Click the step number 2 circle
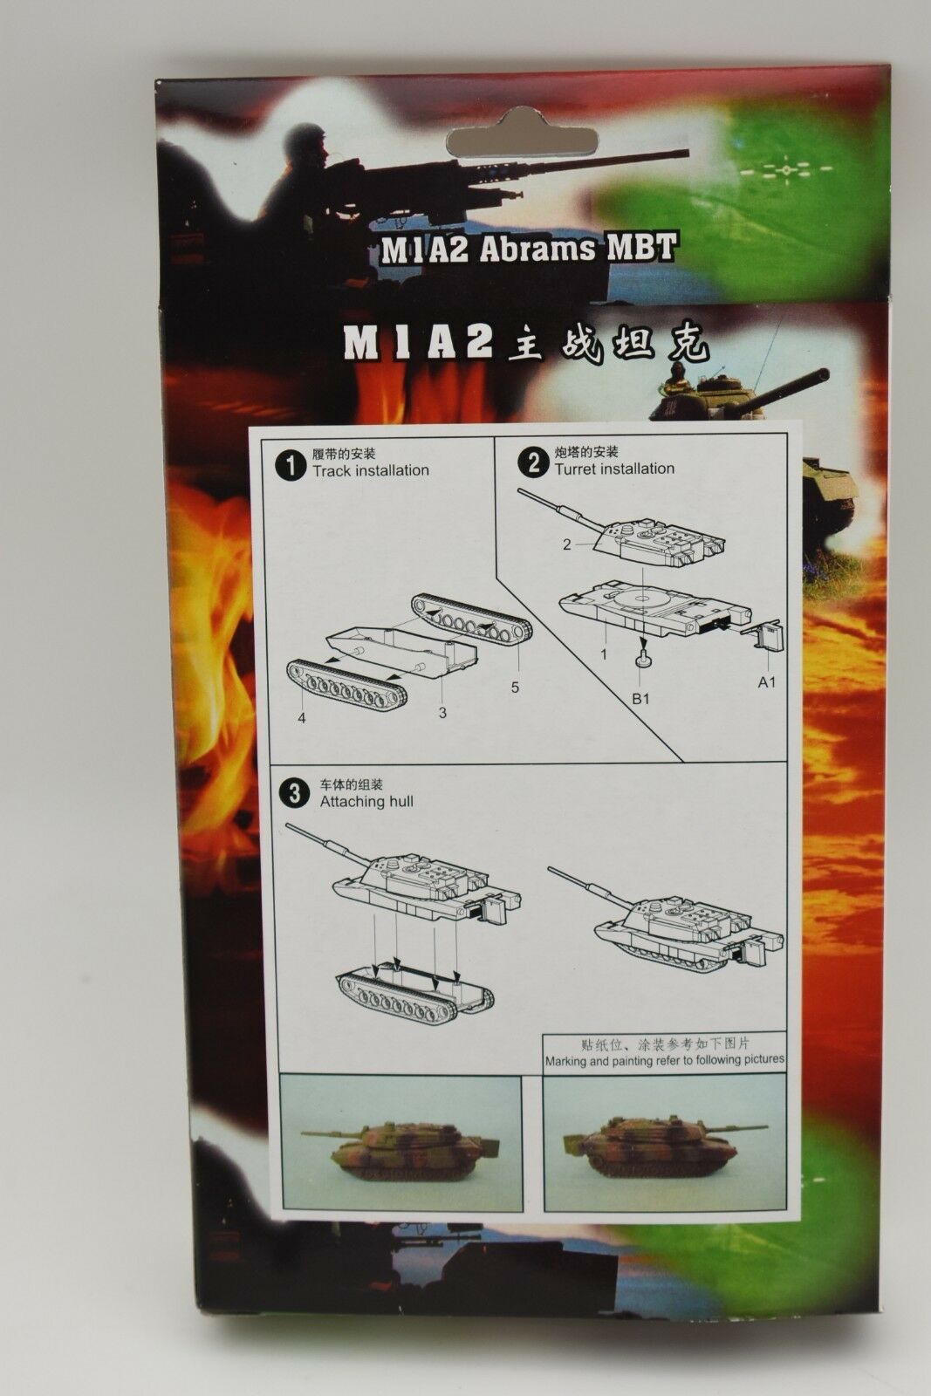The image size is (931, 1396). [534, 464]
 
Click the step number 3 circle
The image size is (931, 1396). [296, 795]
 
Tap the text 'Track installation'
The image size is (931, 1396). [371, 470]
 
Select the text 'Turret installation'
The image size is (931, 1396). [614, 469]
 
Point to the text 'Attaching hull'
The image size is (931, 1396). [366, 802]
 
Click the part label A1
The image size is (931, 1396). [766, 681]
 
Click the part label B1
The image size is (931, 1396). [640, 699]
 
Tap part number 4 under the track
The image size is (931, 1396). [302, 718]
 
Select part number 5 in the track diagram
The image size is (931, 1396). [515, 687]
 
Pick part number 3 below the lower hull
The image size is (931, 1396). [442, 712]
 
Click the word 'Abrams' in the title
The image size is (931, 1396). [537, 249]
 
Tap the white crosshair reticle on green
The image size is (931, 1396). [786, 169]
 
